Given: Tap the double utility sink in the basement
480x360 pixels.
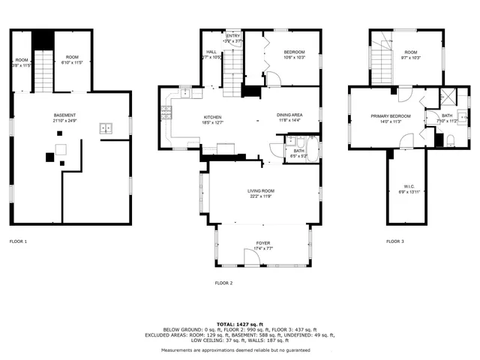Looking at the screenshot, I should click(106, 129).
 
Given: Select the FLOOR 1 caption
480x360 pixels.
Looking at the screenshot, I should click(18, 241).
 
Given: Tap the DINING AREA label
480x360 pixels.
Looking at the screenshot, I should click(289, 115).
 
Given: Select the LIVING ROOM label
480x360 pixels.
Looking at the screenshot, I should click(261, 191).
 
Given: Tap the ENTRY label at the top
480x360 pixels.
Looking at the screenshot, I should click(233, 35).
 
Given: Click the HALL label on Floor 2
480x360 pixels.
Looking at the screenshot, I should click(211, 52).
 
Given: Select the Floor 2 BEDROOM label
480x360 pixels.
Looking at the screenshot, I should click(294, 52).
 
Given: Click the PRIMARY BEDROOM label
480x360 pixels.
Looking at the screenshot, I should click(391, 116).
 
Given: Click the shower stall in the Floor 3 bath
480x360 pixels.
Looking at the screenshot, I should click(447, 96).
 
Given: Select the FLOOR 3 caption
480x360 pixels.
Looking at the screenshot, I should click(395, 241).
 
